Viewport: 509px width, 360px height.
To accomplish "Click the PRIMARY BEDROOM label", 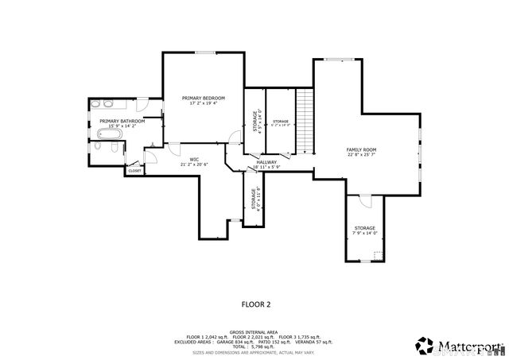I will point(204,98).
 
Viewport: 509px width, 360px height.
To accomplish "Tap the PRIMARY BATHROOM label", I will point(122,121).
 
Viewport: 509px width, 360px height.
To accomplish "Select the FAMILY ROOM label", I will point(361,149).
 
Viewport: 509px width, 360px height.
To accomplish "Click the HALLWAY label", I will point(266,162).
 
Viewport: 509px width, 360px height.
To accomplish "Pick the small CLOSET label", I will point(135,171).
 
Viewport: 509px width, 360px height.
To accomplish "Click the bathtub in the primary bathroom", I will point(107,147).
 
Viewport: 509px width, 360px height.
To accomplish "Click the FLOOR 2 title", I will point(256,304).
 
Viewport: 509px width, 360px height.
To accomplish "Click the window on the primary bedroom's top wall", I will point(204,53).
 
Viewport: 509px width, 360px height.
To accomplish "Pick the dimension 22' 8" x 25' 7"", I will point(361,155).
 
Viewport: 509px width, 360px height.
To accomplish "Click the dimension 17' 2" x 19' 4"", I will point(204,103).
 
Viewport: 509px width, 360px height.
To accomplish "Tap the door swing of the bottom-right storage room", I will point(364,201).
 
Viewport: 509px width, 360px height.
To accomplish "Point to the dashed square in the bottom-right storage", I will point(377,255).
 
